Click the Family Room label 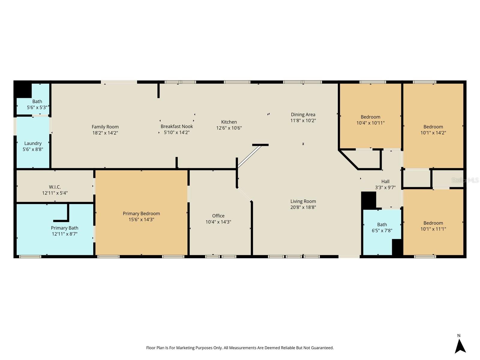(105, 127)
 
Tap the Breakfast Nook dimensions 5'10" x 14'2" (176, 132)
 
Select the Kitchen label (229, 122)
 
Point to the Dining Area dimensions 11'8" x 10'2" (303, 120)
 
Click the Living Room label (303, 201)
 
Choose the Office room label (218, 216)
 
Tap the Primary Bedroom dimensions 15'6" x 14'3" (141, 219)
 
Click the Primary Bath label (64, 228)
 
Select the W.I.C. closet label (55, 187)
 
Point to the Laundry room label (33, 143)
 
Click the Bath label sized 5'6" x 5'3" (37, 101)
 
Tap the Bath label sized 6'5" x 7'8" (382, 224)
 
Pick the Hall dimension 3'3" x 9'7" (385, 187)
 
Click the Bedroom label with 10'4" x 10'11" (370, 117)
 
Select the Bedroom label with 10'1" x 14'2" (433, 127)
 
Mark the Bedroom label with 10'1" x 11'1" (433, 223)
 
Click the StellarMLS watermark (465, 180)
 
